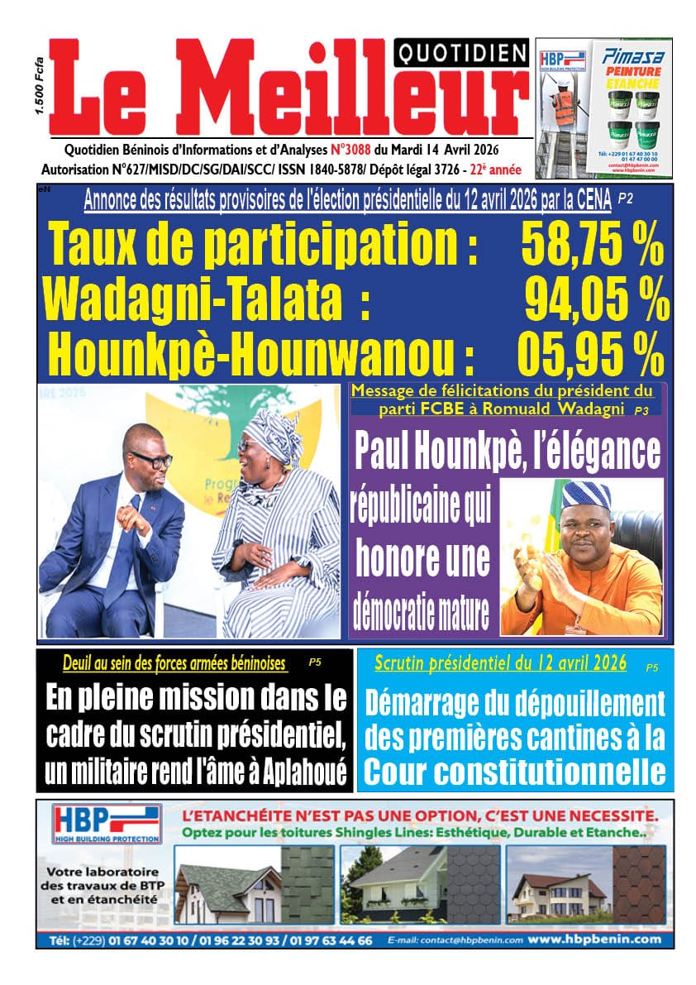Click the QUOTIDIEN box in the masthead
pos(462,55)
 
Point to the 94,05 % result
pos(597,301)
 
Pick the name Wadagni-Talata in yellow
pos(192,301)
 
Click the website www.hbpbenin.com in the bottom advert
pos(594,940)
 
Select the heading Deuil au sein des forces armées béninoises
pos(174,663)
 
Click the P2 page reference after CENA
pos(625,198)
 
